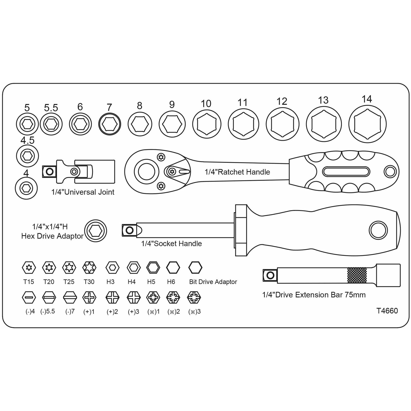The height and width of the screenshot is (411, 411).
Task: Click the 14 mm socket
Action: (367, 124)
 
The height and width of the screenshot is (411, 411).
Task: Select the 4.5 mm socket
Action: (27, 156)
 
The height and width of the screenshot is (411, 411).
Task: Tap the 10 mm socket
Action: (207, 124)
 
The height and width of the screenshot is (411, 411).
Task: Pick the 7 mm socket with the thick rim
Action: (110, 124)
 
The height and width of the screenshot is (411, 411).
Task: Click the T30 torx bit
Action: (89, 268)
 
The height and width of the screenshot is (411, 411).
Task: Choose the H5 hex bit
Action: (153, 268)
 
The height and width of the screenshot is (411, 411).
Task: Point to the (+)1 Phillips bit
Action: (89, 297)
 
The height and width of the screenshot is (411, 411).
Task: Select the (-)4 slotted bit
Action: (29, 297)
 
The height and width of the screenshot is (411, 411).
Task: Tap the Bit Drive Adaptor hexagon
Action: (195, 268)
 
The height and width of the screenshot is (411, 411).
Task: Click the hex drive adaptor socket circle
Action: (96, 231)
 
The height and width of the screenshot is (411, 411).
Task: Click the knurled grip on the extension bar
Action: (357, 275)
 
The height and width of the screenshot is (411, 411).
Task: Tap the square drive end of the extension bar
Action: (270, 275)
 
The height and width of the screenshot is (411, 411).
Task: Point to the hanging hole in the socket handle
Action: (378, 230)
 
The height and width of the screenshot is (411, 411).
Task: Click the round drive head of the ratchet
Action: (146, 172)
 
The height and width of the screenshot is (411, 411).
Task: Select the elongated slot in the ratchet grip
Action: (346, 172)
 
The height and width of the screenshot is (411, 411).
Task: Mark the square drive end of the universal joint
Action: (49, 172)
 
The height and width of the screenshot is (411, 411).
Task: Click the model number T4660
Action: (387, 311)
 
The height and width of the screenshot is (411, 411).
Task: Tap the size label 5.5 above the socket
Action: (51, 108)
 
